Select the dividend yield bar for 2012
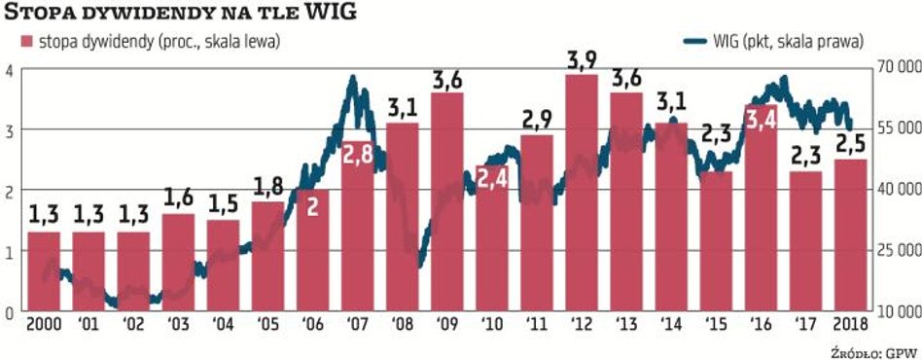(581, 195)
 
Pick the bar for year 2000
(44, 272)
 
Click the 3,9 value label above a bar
(581, 60)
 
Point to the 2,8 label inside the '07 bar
(357, 153)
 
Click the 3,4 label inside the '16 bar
(761, 121)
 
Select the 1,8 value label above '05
(267, 186)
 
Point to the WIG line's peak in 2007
(353, 77)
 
